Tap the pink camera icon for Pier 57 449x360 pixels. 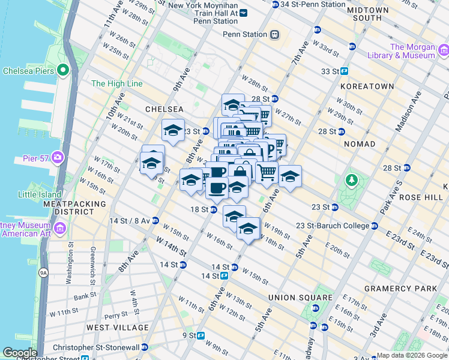pyautogui.click(x=58, y=158)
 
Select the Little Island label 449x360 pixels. pyautogui.click(x=40, y=194)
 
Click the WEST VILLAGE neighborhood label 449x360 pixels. pyautogui.click(x=117, y=328)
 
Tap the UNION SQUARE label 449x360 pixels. pyautogui.click(x=300, y=298)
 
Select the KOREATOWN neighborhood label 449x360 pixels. pyautogui.click(x=367, y=86)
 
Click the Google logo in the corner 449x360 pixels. pyautogui.click(x=20, y=353)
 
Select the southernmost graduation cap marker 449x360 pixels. pyautogui.click(x=248, y=229)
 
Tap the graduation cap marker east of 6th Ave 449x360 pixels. pyautogui.click(x=290, y=177)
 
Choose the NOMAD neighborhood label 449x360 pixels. pyautogui.click(x=360, y=144)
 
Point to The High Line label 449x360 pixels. pyautogui.click(x=117, y=83)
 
